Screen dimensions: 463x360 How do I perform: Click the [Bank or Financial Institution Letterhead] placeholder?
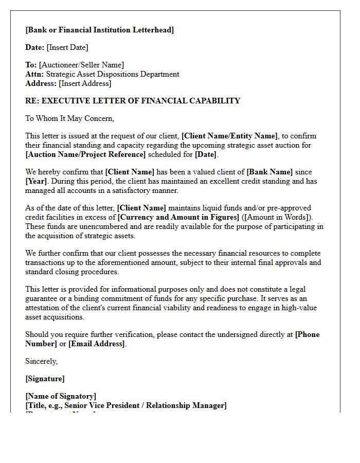pos(99,30)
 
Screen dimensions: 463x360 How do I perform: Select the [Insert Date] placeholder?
pos(67,47)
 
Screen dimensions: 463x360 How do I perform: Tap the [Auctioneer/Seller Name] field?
pos(81,65)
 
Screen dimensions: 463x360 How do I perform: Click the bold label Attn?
pos(34,74)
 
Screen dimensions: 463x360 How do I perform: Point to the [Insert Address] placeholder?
pos(85,83)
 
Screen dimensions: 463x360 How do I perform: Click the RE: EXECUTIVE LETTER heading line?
pos(133,101)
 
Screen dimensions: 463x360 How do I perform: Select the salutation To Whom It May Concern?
pos(69,118)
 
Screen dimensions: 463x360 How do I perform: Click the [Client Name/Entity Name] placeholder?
pos(230,136)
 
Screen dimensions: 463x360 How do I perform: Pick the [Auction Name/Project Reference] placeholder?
pos(85,154)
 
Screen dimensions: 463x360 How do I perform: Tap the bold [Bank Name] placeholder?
pos(269,172)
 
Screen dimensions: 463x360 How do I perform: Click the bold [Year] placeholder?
pos(37,181)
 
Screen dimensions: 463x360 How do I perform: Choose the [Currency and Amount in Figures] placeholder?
pos(178,217)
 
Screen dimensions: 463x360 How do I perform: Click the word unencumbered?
pos(94,226)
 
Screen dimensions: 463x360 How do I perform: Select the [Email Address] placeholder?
pos(97,344)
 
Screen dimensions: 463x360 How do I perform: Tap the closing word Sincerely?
pos(41,361)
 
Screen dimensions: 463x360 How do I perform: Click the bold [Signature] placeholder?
pos(45,379)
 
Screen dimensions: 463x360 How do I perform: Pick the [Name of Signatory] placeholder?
pos(61,396)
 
